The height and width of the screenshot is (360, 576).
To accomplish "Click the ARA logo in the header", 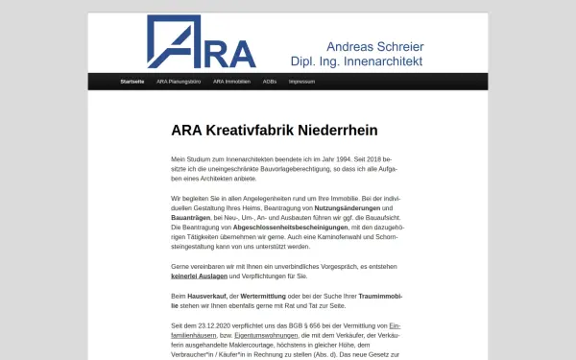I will (202, 43).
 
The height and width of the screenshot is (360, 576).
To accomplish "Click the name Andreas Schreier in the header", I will (375, 46).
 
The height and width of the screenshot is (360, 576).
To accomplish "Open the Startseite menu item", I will (132, 82).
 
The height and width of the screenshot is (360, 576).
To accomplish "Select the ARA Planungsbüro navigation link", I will (179, 82).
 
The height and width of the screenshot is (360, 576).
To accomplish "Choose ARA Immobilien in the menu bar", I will (232, 82).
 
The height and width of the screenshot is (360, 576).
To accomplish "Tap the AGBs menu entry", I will (270, 82).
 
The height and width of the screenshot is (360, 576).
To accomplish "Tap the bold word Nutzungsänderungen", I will (345, 208).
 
